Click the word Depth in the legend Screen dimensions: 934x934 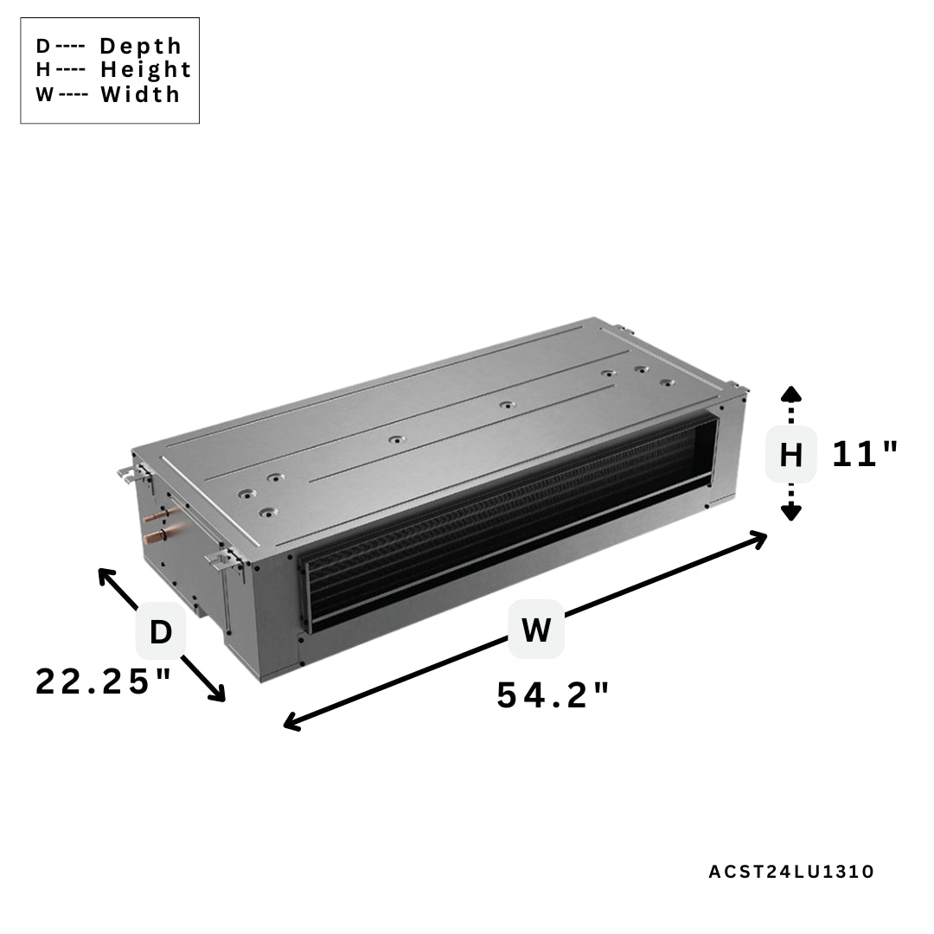click(141, 46)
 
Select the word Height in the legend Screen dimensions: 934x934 click(145, 69)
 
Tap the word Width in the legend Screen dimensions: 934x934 click(140, 94)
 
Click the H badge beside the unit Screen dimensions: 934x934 click(790, 454)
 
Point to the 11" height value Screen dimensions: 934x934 click(865, 454)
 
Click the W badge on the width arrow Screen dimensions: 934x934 click(536, 629)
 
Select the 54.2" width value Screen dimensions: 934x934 click(553, 695)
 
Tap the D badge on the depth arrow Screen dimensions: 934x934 click(161, 632)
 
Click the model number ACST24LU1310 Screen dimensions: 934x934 click(791, 872)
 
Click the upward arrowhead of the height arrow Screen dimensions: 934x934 click(790, 395)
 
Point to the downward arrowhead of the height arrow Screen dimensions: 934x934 click(790, 513)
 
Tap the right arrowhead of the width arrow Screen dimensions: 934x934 click(758, 539)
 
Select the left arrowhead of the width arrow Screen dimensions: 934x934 click(292, 723)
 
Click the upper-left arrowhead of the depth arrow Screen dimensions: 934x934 click(106, 574)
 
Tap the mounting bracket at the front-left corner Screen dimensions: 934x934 click(223, 560)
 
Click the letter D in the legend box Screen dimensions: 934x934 click(42, 46)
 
